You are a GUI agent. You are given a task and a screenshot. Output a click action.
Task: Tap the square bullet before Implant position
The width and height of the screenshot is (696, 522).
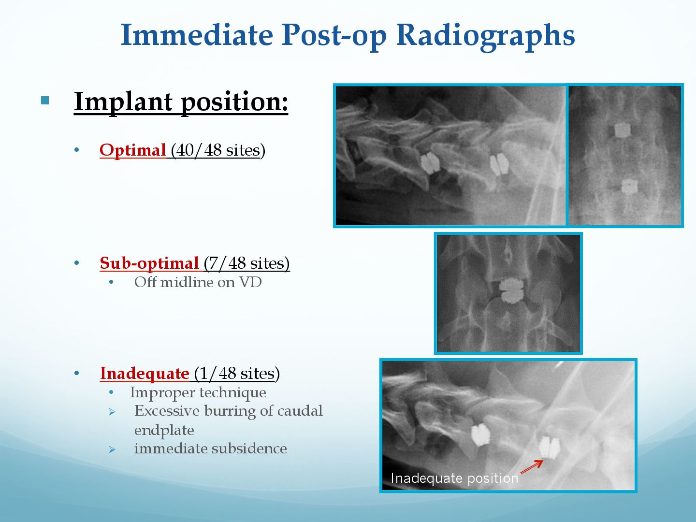pyautogui.click(x=45, y=101)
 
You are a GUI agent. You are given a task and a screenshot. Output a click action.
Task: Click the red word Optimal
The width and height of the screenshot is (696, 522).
pyautogui.click(x=132, y=150)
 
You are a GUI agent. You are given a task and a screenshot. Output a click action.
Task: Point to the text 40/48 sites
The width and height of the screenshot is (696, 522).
pyautogui.click(x=216, y=150)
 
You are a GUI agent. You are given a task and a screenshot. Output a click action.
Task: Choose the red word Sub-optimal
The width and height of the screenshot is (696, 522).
pyautogui.click(x=149, y=263)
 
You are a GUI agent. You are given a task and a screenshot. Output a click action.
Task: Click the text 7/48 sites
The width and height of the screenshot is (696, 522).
pyautogui.click(x=246, y=263)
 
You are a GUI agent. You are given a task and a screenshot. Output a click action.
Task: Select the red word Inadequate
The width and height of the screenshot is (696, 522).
pyautogui.click(x=145, y=373)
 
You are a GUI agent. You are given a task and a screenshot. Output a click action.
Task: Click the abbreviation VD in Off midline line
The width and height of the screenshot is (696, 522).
pyautogui.click(x=250, y=282)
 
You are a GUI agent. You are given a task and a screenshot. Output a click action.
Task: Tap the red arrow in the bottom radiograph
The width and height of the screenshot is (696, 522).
pyautogui.click(x=532, y=467)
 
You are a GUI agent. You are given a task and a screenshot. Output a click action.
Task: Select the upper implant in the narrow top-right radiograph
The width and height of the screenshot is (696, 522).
pyautogui.click(x=622, y=130)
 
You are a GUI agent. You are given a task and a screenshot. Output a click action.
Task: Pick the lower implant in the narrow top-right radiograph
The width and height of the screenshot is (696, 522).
pyautogui.click(x=629, y=187)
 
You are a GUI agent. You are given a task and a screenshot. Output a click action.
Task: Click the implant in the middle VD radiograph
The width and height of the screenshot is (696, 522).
pyautogui.click(x=511, y=290)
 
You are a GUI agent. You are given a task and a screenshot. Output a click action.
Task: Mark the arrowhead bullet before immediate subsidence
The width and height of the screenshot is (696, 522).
pyautogui.click(x=112, y=449)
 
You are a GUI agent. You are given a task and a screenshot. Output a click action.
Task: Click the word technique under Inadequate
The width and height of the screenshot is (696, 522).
pyautogui.click(x=234, y=393)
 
